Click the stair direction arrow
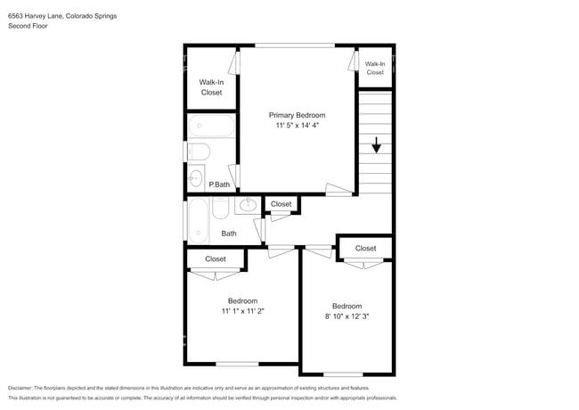376,144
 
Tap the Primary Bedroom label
297,115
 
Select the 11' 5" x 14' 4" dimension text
297,125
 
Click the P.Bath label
219,184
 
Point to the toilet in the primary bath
199,152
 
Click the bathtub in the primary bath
211,126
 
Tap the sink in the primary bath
196,178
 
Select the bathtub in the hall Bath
198,220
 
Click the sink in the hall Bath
248,205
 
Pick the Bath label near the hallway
229,234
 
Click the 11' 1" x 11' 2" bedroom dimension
242,311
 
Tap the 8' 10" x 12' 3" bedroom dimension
347,316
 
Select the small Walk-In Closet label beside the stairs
375,68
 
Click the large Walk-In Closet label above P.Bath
211,87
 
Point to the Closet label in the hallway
281,204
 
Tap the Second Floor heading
28,26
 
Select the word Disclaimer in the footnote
20,388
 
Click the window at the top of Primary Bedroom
295,45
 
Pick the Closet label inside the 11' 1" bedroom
216,259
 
